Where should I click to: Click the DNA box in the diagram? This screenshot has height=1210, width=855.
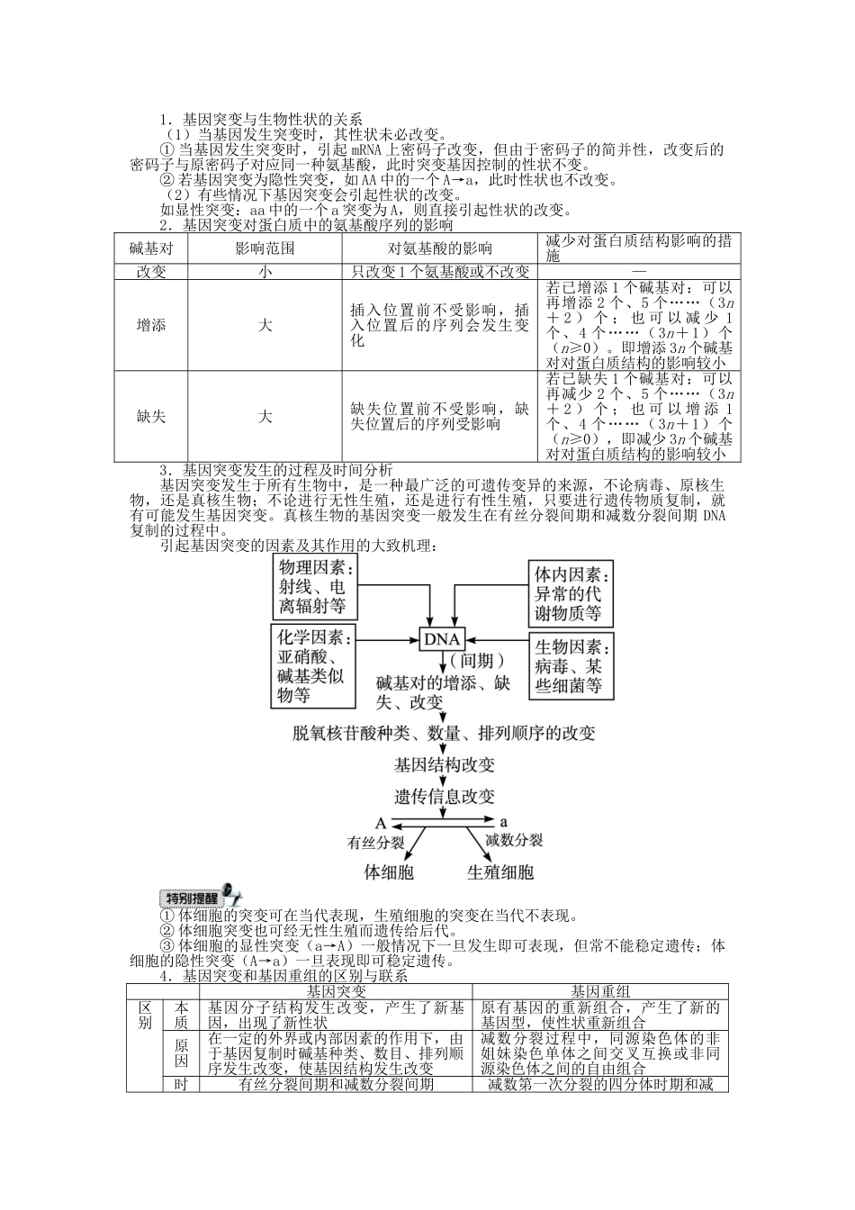[x=441, y=639]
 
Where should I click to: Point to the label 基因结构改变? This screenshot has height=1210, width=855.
[x=445, y=764]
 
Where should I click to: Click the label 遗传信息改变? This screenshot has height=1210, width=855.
[x=445, y=797]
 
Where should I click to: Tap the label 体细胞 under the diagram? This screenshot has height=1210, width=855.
[x=389, y=871]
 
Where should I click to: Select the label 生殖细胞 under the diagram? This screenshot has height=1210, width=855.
[x=500, y=871]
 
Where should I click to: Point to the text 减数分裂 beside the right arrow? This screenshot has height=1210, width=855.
[x=514, y=840]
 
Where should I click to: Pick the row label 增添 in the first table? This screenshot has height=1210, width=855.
[x=150, y=325]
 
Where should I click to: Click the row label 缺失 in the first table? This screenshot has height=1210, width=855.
[x=150, y=417]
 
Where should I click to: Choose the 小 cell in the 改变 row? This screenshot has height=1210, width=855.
[x=265, y=271]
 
